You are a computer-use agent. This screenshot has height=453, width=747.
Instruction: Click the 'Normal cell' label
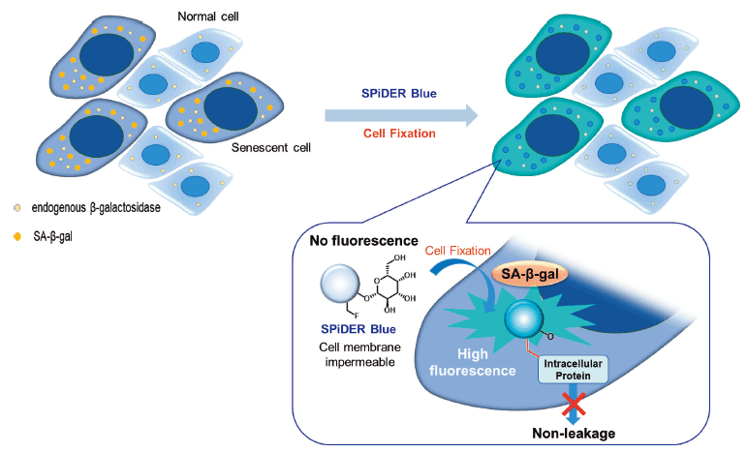click(208, 16)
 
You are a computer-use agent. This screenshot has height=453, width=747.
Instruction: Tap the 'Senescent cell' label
click(271, 147)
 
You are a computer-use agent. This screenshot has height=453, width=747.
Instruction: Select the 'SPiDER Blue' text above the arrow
click(399, 93)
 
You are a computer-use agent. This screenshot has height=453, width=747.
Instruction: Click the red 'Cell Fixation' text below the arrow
click(399, 134)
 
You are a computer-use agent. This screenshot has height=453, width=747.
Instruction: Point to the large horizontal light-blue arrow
click(401, 115)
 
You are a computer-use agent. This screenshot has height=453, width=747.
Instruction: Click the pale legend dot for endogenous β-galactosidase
click(17, 208)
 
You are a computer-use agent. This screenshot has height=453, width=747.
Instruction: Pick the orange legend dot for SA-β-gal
click(17, 236)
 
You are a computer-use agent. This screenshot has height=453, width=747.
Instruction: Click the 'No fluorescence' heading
click(363, 241)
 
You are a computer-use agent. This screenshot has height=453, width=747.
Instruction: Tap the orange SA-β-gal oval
click(530, 274)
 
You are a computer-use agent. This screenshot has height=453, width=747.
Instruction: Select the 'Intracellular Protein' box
click(574, 370)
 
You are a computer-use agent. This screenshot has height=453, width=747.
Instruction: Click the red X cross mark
click(574, 405)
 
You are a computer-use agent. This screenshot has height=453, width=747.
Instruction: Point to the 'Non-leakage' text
click(574, 433)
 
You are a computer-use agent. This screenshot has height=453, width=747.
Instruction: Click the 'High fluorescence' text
click(473, 362)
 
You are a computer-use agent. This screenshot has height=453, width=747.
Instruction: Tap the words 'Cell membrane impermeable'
click(359, 354)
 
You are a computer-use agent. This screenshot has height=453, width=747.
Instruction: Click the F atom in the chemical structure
click(357, 317)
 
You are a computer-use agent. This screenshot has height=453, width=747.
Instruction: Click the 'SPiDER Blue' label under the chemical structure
click(358, 329)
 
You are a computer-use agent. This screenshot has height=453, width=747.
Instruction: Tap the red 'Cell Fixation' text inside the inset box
click(458, 251)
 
